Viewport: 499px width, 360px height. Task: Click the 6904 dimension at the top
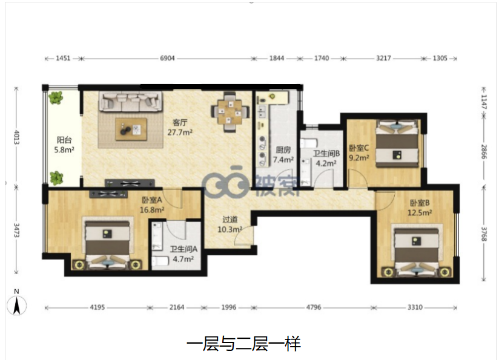167,58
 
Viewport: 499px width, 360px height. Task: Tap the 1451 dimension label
63,58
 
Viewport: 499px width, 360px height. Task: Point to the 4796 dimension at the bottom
314,307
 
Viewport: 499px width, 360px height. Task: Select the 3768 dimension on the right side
484,234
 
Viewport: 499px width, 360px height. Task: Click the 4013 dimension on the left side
16,137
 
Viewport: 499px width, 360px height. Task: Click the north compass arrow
17,306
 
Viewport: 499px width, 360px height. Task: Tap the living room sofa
130,102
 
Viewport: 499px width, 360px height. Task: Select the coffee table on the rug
131,129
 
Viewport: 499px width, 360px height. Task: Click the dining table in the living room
230,112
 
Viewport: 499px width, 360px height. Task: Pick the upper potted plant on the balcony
56,97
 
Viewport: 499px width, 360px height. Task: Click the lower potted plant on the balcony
56,178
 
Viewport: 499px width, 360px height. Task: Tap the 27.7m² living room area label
180,133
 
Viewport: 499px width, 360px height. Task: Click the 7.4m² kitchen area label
283,160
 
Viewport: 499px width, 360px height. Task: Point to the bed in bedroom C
397,143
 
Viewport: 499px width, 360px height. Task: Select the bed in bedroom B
416,251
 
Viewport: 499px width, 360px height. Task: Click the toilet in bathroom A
160,262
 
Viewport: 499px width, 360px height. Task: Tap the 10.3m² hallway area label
230,229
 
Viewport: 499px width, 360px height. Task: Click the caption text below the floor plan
244,344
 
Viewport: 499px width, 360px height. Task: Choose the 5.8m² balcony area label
64,149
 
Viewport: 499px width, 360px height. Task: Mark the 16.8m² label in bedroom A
152,210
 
